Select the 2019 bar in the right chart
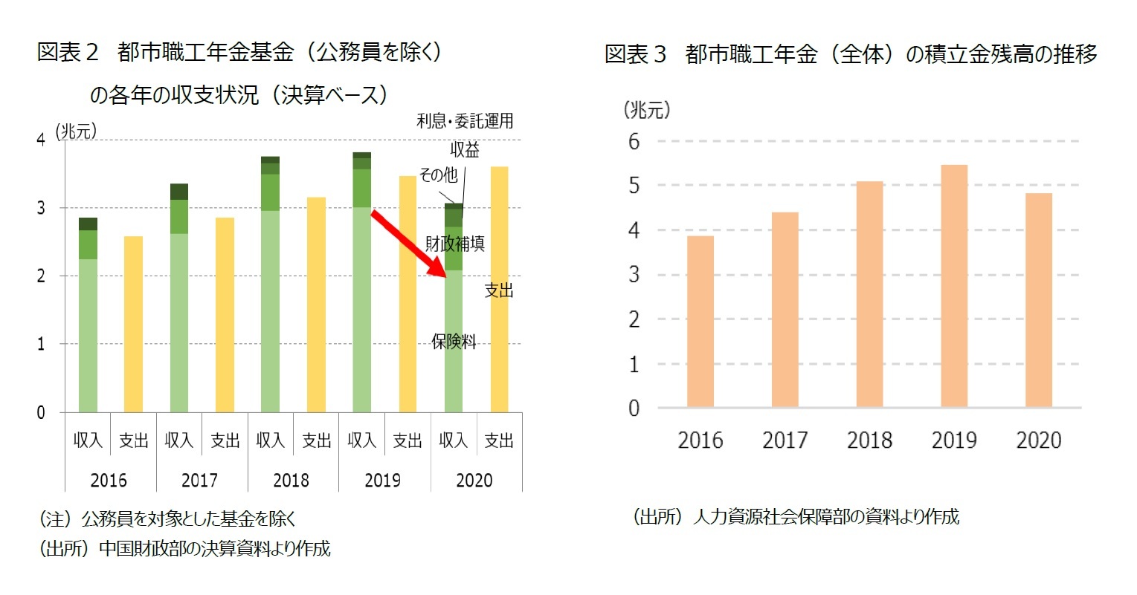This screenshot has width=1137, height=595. point(954,286)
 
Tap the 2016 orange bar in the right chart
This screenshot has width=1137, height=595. point(700,321)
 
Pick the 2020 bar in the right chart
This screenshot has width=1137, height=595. point(1039,300)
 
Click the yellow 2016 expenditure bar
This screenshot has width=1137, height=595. point(133,324)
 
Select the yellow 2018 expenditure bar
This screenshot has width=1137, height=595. point(316,305)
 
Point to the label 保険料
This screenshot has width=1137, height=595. point(454,342)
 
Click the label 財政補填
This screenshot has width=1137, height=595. point(455,244)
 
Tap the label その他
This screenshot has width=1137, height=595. point(438,175)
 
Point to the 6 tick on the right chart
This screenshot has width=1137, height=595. point(634,141)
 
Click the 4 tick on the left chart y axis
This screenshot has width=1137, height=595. point(41,140)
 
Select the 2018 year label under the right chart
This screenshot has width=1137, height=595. point(869,440)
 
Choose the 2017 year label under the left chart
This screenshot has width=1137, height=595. point(199,481)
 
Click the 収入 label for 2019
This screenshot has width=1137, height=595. point(361,440)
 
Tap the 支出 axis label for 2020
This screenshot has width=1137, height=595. point(499,440)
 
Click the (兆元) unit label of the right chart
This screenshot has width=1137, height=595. point(646,110)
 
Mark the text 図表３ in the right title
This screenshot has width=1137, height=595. point(635,54)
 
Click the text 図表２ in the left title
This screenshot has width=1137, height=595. point(68,53)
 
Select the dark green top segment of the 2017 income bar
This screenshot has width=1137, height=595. point(179,192)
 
